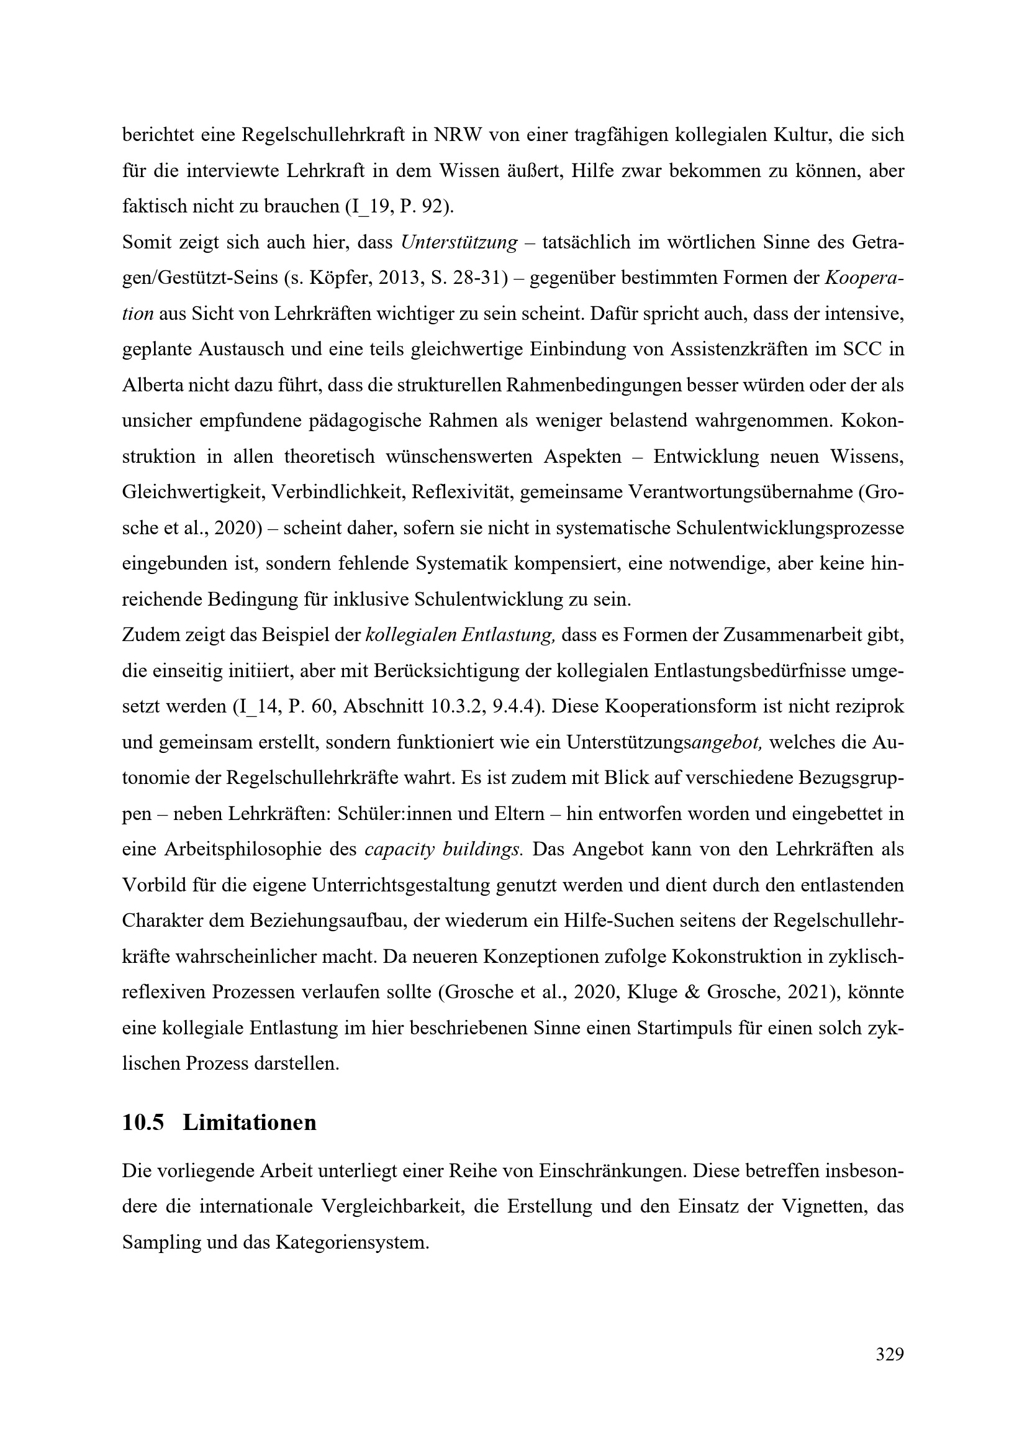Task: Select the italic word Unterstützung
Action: point(459,242)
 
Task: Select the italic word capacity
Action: point(400,849)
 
